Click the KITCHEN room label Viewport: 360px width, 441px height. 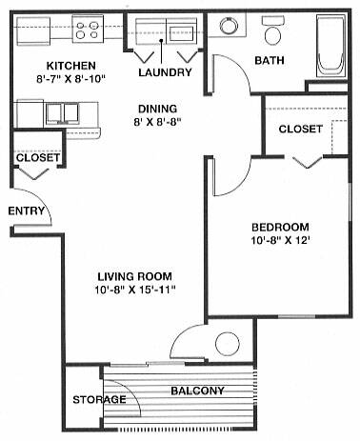click(71, 66)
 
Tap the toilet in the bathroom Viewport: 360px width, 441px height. click(272, 30)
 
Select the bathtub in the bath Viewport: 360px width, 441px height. click(331, 45)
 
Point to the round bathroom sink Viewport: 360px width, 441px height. click(230, 26)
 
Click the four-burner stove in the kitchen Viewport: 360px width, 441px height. click(87, 30)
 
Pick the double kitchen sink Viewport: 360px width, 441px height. click(63, 113)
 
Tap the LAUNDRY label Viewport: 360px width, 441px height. click(165, 72)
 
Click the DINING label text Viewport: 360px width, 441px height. click(158, 109)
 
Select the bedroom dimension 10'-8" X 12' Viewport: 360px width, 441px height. click(280, 240)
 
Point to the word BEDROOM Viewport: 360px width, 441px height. click(280, 227)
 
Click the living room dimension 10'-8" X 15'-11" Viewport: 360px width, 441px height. click(135, 290)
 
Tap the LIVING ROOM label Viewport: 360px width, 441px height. click(134, 276)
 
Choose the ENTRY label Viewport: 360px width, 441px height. click(26, 210)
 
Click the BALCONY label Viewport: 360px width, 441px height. click(197, 391)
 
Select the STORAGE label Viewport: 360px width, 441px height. click(99, 399)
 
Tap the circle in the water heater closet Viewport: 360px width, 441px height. click(227, 344)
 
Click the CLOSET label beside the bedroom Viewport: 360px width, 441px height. click(301, 129)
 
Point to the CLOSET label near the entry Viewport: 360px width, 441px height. click(38, 157)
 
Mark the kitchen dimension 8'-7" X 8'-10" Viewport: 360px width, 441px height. click(70, 79)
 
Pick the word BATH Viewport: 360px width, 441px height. click(270, 60)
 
